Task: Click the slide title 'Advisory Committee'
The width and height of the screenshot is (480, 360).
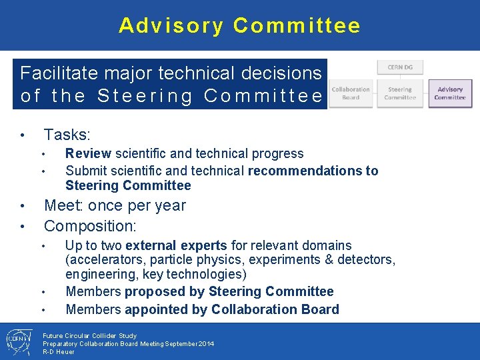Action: coord(239,25)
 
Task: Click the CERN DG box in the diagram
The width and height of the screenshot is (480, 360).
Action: coord(400,67)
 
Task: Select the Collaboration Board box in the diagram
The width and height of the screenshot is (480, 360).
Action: coord(351,93)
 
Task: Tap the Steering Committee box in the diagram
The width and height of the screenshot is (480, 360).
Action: coord(400,93)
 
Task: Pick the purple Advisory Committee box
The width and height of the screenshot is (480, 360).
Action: coord(450,93)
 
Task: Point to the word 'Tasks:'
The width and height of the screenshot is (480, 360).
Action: coord(67,135)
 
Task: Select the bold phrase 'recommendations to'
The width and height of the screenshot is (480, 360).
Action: coord(313,171)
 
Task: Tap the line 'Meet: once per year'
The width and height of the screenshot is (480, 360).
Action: coord(115,205)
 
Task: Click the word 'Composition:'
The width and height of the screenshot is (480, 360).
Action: coord(90,225)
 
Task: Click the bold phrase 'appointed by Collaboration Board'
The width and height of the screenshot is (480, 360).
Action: coord(231,309)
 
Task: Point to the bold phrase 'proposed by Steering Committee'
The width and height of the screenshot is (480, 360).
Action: coord(229,291)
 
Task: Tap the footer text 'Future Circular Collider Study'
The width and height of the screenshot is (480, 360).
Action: coord(89,336)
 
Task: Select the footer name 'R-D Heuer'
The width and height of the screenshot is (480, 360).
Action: coord(59,351)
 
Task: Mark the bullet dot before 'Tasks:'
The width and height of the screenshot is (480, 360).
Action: coord(23,136)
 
